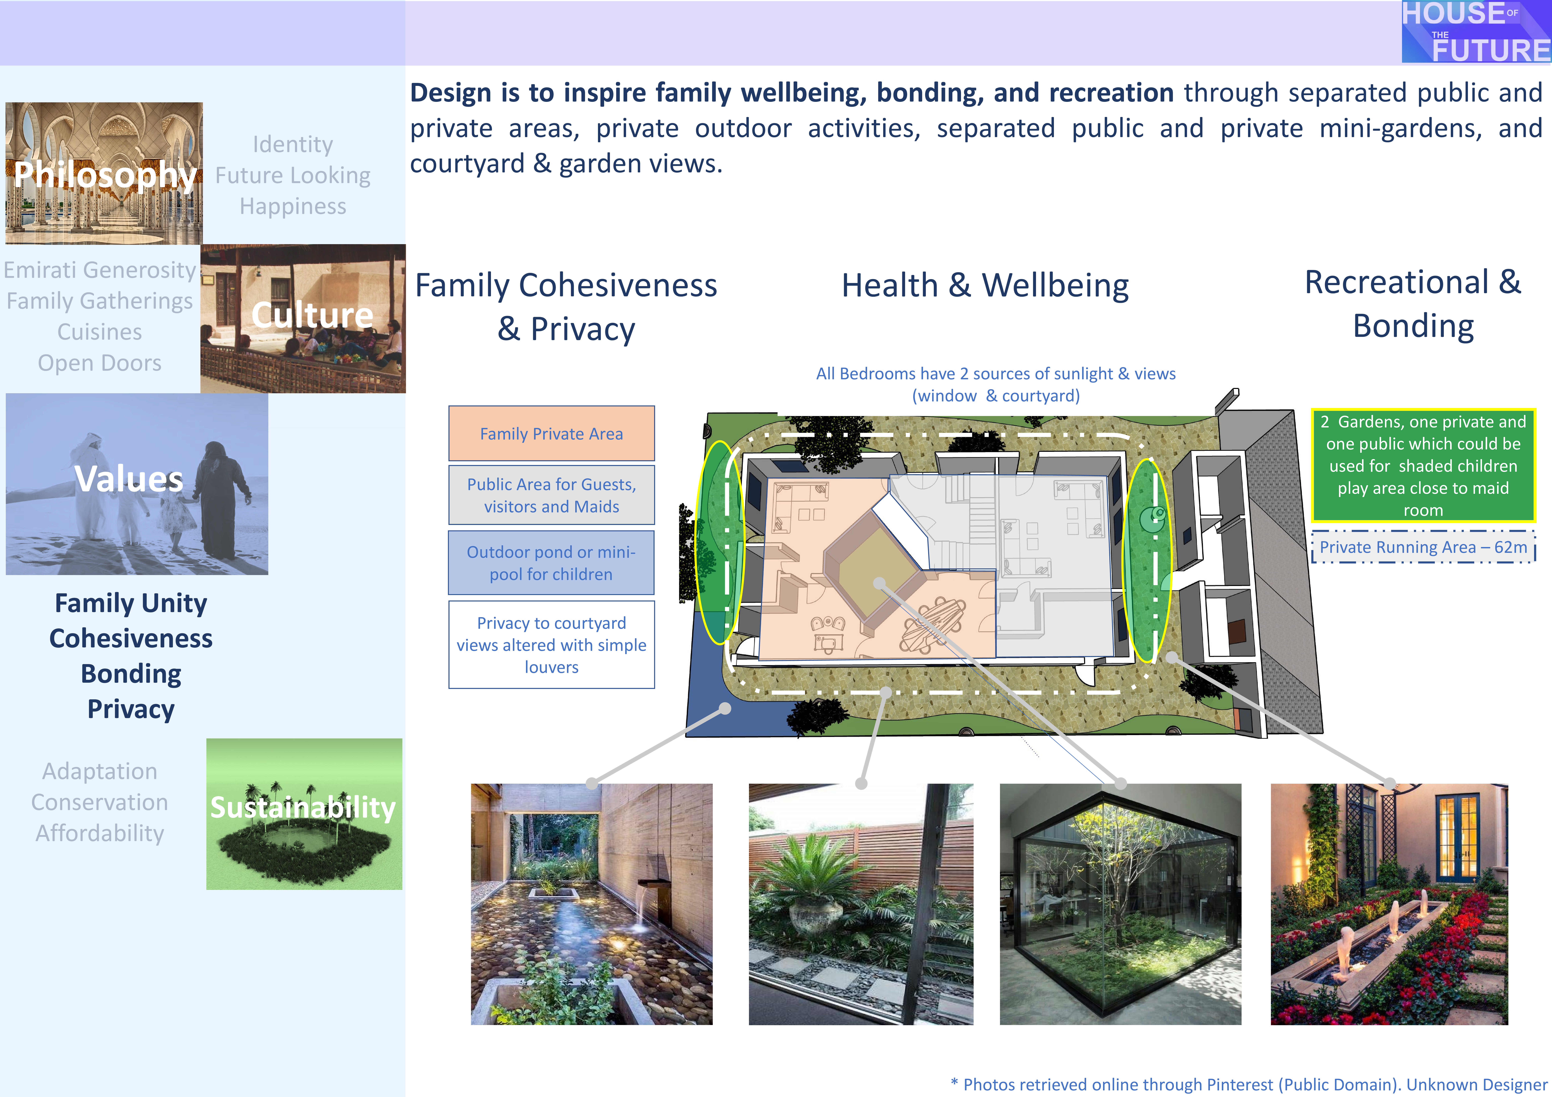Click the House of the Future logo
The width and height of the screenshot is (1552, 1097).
pyautogui.click(x=1476, y=32)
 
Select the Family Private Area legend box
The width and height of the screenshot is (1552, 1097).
pyautogui.click(x=552, y=433)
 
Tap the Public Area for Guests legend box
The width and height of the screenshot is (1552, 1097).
pyautogui.click(x=552, y=495)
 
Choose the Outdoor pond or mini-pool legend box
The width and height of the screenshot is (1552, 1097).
pyautogui.click(x=552, y=562)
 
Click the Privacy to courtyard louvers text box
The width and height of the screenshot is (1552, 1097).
pyautogui.click(x=552, y=645)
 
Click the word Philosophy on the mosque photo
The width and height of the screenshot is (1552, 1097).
pyautogui.click(x=105, y=174)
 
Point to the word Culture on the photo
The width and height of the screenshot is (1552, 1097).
pyautogui.click(x=312, y=315)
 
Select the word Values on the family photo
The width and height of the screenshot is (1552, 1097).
pyautogui.click(x=128, y=479)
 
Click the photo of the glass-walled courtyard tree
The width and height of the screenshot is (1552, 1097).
pyautogui.click(x=1120, y=904)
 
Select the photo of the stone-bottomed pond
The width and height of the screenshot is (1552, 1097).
pyautogui.click(x=591, y=904)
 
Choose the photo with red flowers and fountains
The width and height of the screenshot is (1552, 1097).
pyautogui.click(x=1389, y=904)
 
